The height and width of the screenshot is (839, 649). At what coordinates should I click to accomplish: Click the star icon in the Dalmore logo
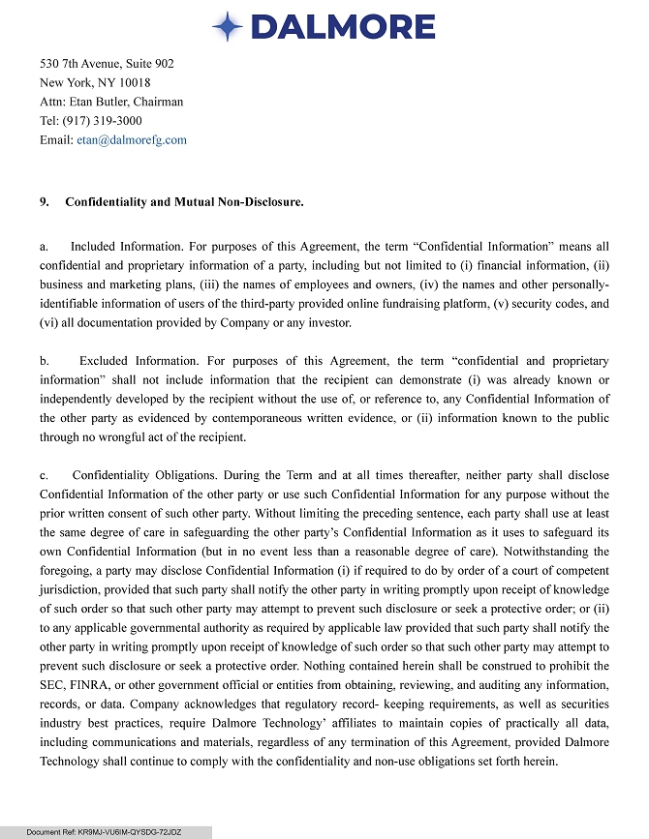(x=227, y=27)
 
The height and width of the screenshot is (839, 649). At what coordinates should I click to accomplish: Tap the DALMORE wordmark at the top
(x=343, y=27)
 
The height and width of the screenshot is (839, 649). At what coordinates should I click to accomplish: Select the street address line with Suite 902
(x=107, y=63)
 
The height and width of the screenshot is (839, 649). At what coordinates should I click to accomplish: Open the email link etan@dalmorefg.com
(x=132, y=140)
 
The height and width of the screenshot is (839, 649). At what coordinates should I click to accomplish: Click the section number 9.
(x=45, y=202)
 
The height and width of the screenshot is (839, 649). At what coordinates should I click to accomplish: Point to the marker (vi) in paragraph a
(x=48, y=322)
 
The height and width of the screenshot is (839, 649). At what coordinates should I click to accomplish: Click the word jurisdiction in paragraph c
(x=75, y=589)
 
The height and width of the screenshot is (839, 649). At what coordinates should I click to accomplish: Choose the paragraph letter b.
(x=44, y=361)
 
